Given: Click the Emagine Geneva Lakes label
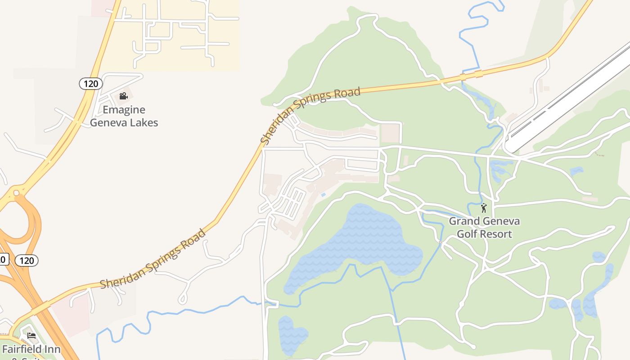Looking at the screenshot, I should click(124, 116).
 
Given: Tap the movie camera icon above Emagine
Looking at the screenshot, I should click(123, 96).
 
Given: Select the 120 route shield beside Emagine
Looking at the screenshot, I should click(91, 83).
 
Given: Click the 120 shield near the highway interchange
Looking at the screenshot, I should click(27, 260).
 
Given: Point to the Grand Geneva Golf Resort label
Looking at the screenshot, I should click(484, 227).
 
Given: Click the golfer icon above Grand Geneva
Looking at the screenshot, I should click(484, 208).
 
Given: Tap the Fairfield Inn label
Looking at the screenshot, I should click(31, 349).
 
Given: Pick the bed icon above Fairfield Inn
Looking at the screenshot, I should click(31, 336).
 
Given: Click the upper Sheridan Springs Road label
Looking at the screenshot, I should click(310, 116).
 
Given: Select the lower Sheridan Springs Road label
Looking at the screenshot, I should click(153, 260).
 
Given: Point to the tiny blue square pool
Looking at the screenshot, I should click(323, 194).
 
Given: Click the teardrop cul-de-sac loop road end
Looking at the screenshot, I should click(183, 299).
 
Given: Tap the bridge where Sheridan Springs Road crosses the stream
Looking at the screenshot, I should click(470, 75).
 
